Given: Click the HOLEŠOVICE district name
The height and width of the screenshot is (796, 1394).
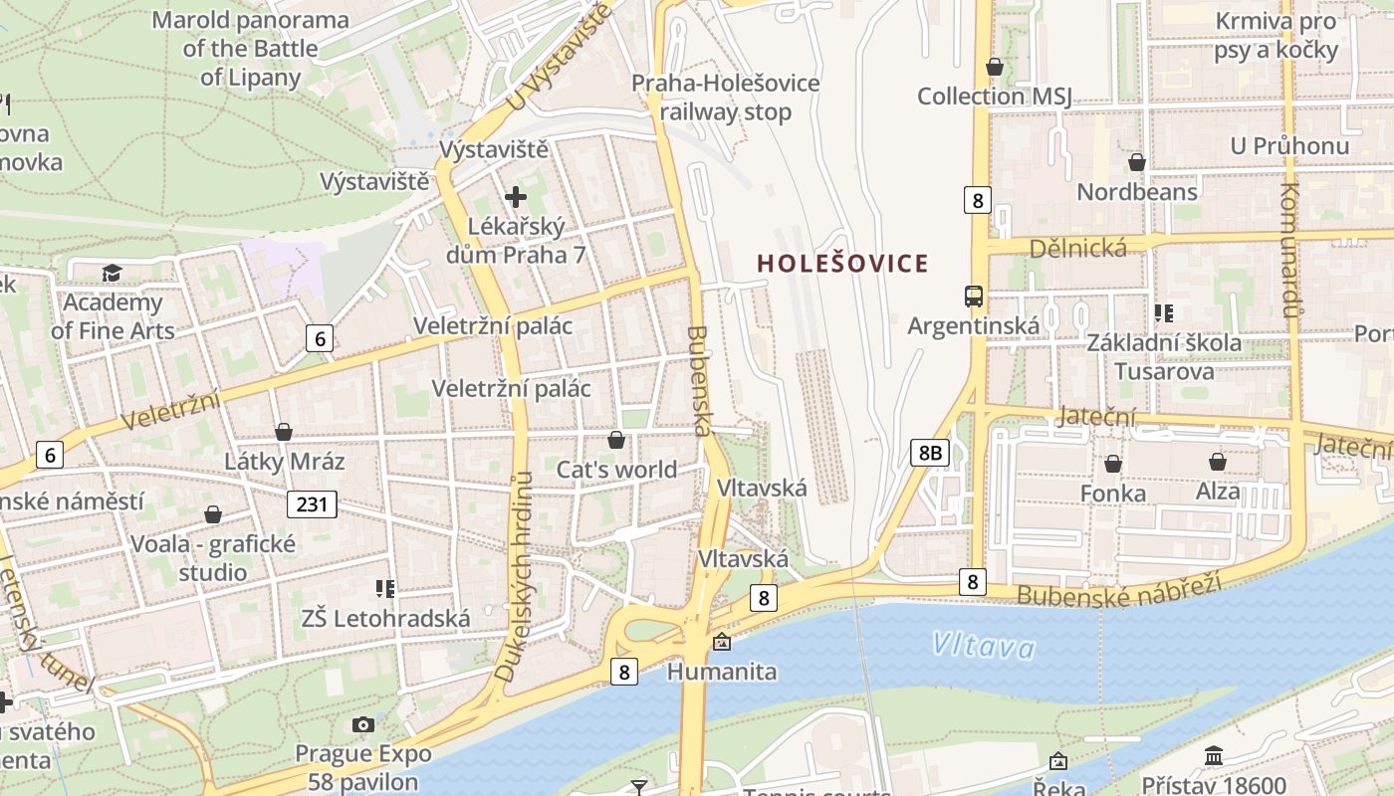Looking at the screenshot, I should (x=842, y=264).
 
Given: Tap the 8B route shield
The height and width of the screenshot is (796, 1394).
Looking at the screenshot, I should (x=929, y=454).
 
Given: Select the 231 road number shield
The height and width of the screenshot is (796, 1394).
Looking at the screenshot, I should (x=312, y=504).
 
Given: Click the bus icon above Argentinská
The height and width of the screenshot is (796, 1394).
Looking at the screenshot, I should (x=973, y=296).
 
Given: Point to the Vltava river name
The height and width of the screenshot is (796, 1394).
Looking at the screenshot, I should (x=983, y=647).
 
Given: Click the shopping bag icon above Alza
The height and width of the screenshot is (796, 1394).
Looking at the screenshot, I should (x=1217, y=462).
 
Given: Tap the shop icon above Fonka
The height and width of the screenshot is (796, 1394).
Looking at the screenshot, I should (x=1112, y=464).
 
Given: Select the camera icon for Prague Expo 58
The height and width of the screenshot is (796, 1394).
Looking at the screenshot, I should (x=363, y=724).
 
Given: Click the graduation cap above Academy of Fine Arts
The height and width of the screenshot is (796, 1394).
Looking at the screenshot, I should (x=112, y=273).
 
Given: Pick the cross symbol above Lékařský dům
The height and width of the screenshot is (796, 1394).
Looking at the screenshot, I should (x=516, y=197).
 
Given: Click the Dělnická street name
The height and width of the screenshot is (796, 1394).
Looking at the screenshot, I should (x=1079, y=248).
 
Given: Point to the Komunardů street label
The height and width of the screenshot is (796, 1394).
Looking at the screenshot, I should (x=1290, y=250).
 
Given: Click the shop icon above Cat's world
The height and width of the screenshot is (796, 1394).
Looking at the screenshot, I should (x=616, y=440).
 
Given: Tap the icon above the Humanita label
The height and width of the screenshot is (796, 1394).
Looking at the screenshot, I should (x=721, y=643).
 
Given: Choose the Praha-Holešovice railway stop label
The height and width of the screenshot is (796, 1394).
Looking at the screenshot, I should (x=726, y=98).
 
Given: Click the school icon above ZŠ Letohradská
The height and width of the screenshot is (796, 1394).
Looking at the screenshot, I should (x=385, y=589).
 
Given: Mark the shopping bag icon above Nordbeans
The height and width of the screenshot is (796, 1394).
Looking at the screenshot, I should (x=1136, y=162).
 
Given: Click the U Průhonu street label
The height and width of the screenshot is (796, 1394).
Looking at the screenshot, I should (x=1289, y=146).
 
